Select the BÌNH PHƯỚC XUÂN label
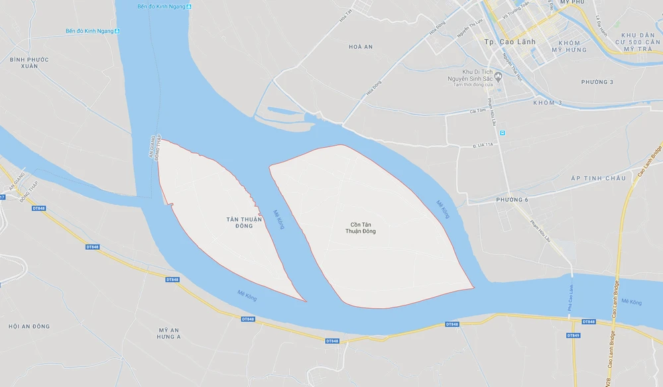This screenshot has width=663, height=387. (x=29, y=62)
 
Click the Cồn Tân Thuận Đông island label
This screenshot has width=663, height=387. (x=360, y=227)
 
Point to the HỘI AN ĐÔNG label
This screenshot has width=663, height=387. (x=29, y=326)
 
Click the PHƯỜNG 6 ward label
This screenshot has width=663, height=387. (x=512, y=199)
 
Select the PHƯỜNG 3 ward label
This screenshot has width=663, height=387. (x=597, y=82)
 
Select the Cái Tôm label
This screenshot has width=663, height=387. (x=478, y=111)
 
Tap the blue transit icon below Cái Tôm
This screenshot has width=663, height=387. (x=503, y=133)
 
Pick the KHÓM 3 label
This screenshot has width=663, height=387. (x=547, y=103)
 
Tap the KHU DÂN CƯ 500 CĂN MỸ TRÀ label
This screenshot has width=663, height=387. (x=637, y=42)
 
